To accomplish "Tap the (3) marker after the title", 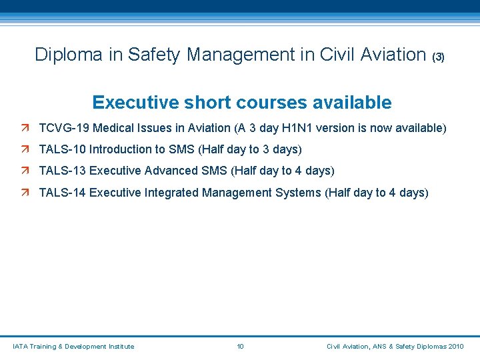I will (438, 57).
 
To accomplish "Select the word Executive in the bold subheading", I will (127, 103).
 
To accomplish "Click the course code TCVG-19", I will (62, 127).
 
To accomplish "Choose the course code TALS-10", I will (62, 149).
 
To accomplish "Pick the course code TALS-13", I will (62, 171).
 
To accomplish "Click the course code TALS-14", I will (62, 193).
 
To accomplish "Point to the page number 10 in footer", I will (241, 347).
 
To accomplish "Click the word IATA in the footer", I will (21, 347).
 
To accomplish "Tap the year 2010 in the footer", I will (456, 347).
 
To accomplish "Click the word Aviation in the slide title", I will (393, 55).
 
